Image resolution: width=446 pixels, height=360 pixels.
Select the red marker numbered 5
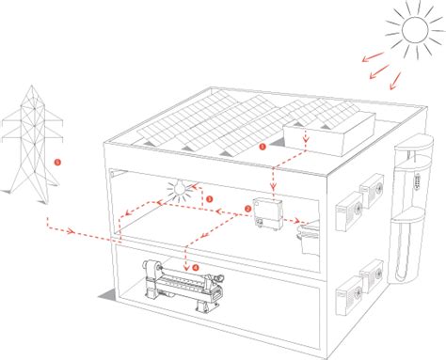coord(59,161)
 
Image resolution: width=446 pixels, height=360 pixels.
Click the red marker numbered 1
coord(263,148)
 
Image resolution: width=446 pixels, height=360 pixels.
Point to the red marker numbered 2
coord(247,208)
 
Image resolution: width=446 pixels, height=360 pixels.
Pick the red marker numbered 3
coord(209,199)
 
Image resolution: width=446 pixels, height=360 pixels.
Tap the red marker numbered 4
coord(196,266)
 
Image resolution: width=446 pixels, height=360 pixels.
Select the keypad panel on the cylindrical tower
coord(410,176)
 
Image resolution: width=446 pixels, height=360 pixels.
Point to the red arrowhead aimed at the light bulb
coord(192,186)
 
